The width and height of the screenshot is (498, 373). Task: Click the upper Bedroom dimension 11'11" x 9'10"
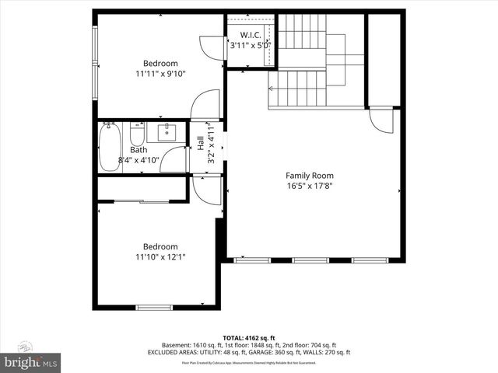[160, 75]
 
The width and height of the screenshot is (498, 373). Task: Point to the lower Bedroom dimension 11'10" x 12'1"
[160, 257]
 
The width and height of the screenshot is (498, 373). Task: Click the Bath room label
[139, 150]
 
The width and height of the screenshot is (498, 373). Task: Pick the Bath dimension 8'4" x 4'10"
[139, 160]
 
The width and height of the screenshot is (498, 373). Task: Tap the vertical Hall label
[201, 143]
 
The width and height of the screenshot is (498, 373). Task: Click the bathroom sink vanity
[168, 131]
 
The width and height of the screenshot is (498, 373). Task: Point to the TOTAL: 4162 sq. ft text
[249, 337]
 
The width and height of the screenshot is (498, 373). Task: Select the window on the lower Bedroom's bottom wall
[154, 308]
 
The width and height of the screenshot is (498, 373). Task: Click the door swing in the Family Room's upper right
[382, 120]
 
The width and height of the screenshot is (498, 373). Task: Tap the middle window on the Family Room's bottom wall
[309, 260]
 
